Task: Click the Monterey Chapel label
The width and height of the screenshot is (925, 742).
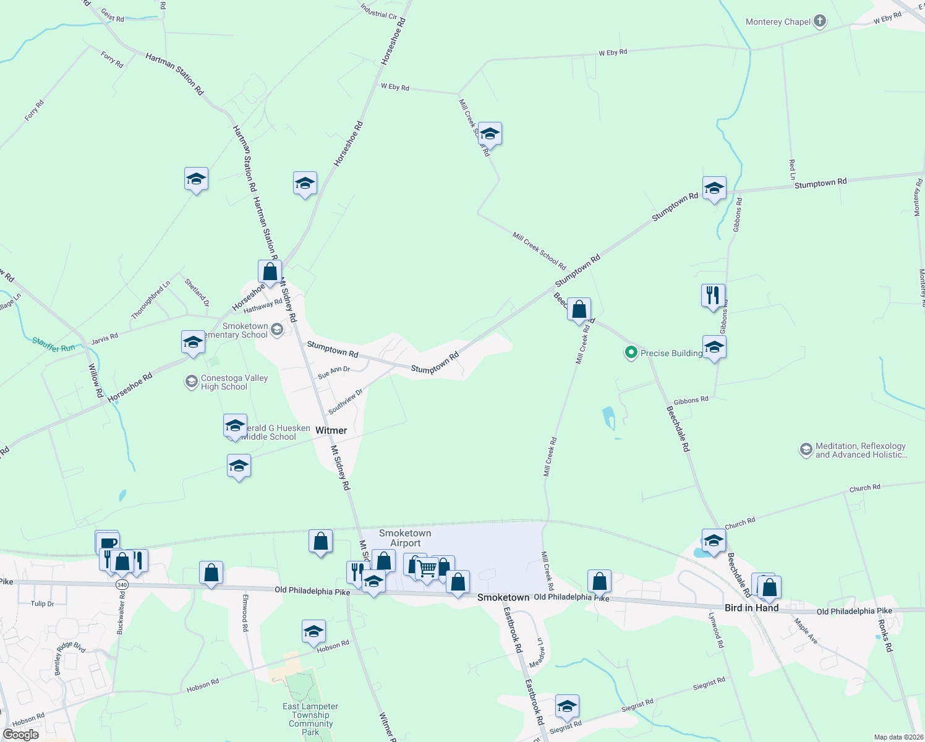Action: tap(778, 22)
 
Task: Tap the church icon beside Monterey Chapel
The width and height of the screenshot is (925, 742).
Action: tap(820, 22)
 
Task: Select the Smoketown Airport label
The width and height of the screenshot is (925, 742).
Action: tap(405, 538)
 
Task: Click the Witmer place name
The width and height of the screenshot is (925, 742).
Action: tap(331, 430)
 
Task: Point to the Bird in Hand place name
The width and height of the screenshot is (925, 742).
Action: tap(751, 608)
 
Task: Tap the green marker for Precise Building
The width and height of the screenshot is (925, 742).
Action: tap(631, 353)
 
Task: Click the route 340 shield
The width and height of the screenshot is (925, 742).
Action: tap(122, 584)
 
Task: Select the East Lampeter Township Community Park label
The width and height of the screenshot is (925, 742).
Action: tap(310, 719)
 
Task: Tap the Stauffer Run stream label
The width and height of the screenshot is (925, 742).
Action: tap(53, 345)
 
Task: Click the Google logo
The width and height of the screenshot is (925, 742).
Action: tap(21, 735)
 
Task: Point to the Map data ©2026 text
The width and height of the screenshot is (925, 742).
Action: tap(897, 737)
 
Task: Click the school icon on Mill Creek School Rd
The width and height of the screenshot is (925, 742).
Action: tap(490, 134)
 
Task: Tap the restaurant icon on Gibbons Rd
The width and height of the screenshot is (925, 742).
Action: tap(713, 296)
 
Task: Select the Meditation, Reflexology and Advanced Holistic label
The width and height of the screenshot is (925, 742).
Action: tap(860, 450)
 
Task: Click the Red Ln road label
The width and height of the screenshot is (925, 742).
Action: tap(792, 169)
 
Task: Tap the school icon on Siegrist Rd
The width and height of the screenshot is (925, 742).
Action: tap(567, 706)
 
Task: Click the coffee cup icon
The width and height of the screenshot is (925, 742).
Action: tap(108, 543)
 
